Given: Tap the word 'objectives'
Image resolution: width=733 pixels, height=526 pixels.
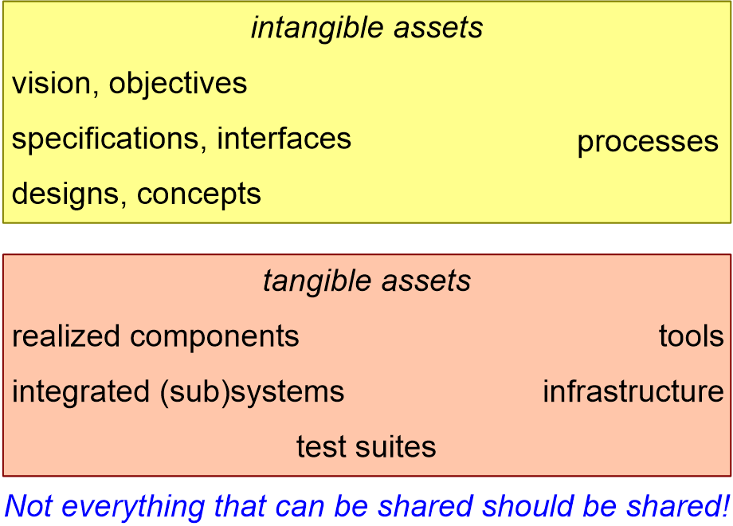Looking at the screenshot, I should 178,84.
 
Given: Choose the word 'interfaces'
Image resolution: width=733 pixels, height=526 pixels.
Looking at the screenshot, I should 284,139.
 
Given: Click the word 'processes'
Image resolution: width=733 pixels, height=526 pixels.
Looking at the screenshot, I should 647,143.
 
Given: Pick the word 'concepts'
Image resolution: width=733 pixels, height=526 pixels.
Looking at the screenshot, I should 199,194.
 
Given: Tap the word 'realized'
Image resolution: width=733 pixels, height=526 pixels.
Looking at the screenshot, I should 66,336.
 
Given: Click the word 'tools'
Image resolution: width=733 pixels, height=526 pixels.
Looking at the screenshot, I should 691,336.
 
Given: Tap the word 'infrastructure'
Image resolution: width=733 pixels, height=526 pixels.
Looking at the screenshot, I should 633,392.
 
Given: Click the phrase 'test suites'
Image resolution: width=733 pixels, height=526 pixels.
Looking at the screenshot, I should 366,447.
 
